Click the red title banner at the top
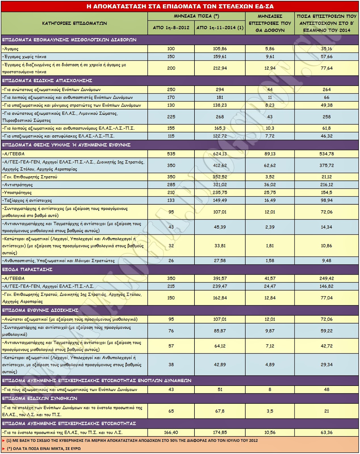point(180,6)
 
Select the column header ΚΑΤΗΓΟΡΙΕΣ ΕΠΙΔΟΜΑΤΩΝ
point(74,23)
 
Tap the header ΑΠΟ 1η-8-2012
point(171,28)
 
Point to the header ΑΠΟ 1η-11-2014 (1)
point(220,28)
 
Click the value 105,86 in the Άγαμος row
point(220,49)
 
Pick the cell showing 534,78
point(326,154)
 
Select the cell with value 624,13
point(220,154)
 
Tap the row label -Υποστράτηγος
point(17,193)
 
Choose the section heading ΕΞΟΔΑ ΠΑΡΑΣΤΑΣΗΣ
point(27,269)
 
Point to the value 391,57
point(220,278)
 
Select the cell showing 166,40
point(171,432)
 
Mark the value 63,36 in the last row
point(326,432)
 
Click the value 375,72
point(326,165)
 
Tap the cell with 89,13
point(270,154)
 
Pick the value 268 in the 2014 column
point(220,117)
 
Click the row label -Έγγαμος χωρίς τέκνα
point(24,57)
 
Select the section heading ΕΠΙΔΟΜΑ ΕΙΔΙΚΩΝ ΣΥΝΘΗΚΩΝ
point(40,398)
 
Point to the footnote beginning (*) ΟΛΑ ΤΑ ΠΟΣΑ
point(44,449)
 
